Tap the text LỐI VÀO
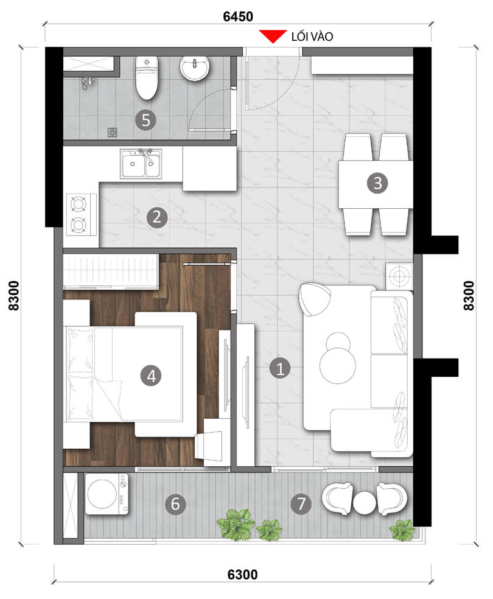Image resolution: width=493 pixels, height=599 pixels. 312,37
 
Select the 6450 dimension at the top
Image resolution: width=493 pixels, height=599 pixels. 237,16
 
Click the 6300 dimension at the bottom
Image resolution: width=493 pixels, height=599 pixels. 243,574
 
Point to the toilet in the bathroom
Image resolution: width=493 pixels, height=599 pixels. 146,78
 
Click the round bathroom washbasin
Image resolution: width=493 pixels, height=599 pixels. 195,68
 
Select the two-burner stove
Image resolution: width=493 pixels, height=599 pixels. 80,213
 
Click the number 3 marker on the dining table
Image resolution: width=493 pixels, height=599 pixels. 377,183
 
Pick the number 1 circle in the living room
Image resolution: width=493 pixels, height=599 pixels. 280,368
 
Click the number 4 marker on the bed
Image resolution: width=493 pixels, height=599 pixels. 152,376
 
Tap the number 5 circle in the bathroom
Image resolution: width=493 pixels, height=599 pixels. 145,120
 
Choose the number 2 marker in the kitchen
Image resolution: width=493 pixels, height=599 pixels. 157,217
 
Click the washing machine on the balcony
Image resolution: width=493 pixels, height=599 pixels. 107,494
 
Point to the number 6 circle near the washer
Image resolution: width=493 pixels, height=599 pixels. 175,503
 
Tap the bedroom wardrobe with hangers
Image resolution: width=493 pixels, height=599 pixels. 111,271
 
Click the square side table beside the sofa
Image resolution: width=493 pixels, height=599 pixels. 399,276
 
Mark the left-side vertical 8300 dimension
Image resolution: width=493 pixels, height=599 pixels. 13,296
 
